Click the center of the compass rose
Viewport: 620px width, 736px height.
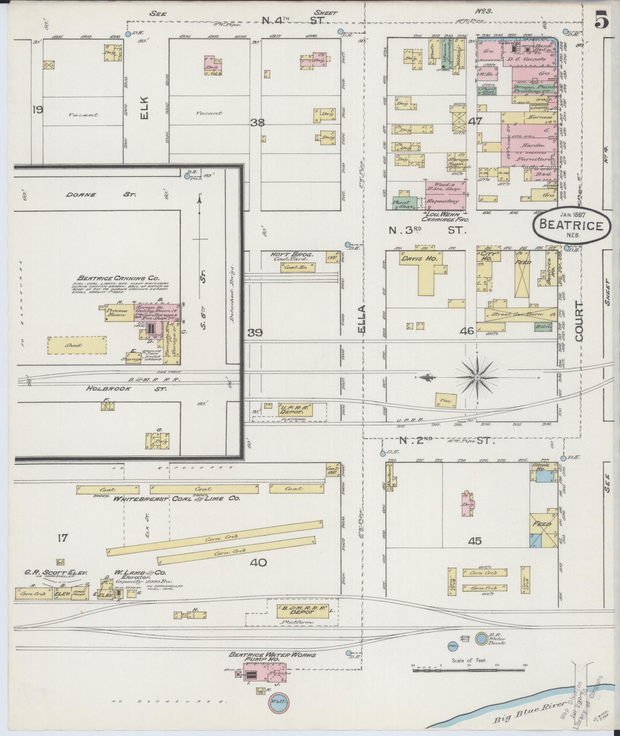click(477, 378)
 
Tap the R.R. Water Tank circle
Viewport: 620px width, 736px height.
click(480, 639)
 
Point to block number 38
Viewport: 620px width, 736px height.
click(257, 123)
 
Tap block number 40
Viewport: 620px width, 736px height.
click(258, 563)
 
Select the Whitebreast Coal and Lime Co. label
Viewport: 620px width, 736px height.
click(176, 498)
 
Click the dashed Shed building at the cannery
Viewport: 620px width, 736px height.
click(77, 345)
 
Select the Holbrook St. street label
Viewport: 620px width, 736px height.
click(126, 389)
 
